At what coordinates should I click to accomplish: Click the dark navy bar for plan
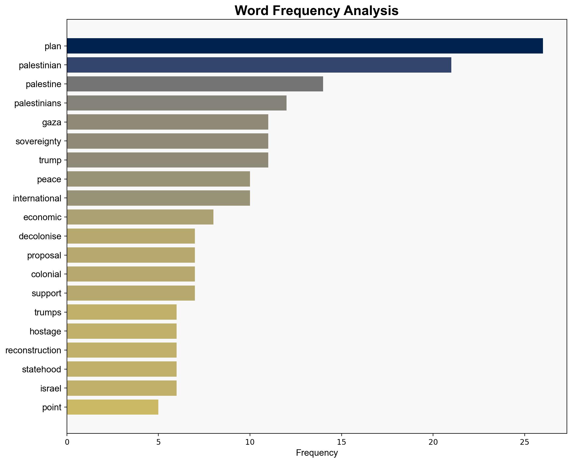tap(305, 46)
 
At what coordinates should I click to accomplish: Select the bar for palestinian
tap(259, 65)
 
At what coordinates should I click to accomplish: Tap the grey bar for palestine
tap(195, 84)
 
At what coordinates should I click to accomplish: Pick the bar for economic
tap(140, 217)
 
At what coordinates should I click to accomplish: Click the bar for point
tap(113, 407)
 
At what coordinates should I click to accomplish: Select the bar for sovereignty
tap(167, 141)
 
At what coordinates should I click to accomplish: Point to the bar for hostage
tap(122, 331)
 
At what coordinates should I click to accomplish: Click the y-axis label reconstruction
tap(33, 350)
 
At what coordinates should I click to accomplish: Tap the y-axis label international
tap(37, 198)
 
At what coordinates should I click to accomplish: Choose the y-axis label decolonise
tap(40, 236)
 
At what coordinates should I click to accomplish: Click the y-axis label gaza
tap(52, 122)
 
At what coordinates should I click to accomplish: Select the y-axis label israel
tap(51, 389)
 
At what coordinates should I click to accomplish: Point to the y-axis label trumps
tap(48, 312)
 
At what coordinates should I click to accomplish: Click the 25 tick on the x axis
tap(524, 442)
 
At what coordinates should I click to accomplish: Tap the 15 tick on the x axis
tap(341, 442)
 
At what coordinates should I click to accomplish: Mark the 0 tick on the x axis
tap(67, 442)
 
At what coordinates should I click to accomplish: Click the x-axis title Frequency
tap(317, 453)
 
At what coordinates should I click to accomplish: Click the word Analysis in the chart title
tap(371, 11)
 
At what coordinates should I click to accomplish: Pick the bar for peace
tap(158, 179)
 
